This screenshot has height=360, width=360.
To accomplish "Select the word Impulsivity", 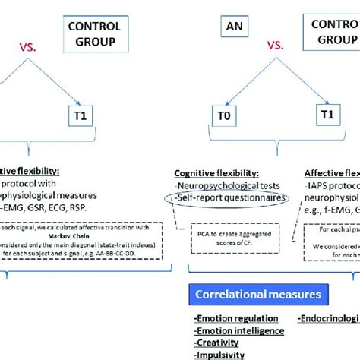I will tap(219, 355).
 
